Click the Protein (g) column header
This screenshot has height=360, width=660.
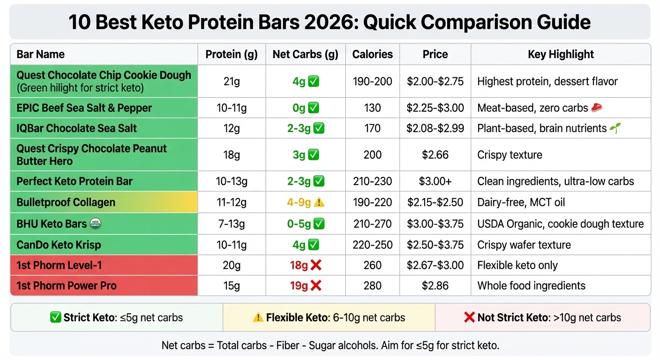point(232,54)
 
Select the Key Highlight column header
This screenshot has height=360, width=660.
point(561,54)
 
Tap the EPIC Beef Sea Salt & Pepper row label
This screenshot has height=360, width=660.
point(84,108)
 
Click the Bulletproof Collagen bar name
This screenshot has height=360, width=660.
point(66,202)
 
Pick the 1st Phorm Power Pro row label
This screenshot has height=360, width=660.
point(67,285)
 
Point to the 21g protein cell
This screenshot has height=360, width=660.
point(232,82)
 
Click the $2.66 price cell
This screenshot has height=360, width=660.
point(435,155)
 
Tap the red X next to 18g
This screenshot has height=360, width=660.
point(316,265)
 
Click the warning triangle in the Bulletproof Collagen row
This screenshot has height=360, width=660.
point(319,202)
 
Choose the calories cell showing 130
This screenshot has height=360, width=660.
point(372,108)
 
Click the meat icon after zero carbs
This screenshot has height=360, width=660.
point(596,108)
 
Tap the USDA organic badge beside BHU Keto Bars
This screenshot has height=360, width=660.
point(96,224)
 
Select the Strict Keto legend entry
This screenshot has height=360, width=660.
point(116,317)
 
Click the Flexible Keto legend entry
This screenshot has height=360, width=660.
point(329,317)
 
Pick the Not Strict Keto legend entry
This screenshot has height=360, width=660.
point(542,317)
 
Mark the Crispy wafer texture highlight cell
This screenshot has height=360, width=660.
point(524,245)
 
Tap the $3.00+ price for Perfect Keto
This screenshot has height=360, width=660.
point(435,181)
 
